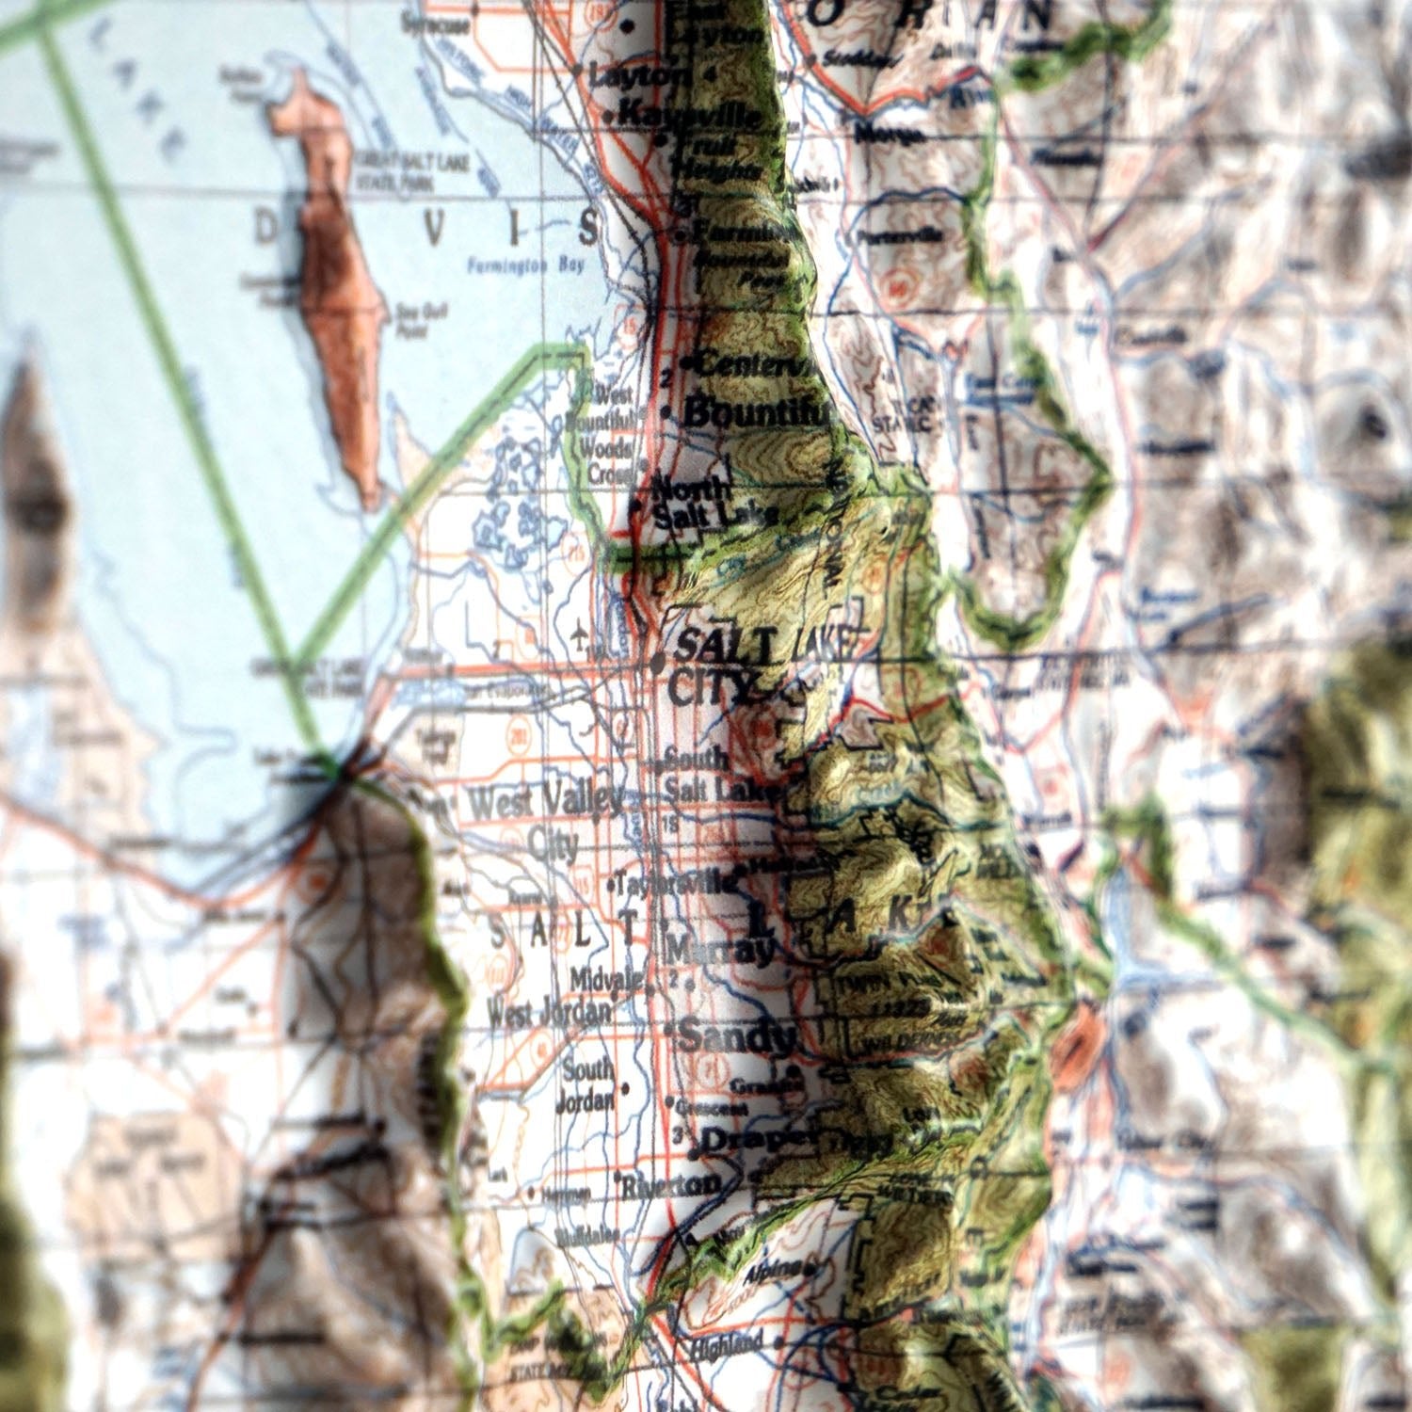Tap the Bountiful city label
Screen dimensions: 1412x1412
(759, 412)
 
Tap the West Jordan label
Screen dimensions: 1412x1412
(549, 1014)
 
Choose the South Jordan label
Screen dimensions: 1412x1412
(589, 1085)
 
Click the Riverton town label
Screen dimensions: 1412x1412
(674, 1184)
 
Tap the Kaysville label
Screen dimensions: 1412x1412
(692, 116)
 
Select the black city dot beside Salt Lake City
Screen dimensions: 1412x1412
(657, 665)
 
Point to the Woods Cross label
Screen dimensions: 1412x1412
(608, 462)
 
